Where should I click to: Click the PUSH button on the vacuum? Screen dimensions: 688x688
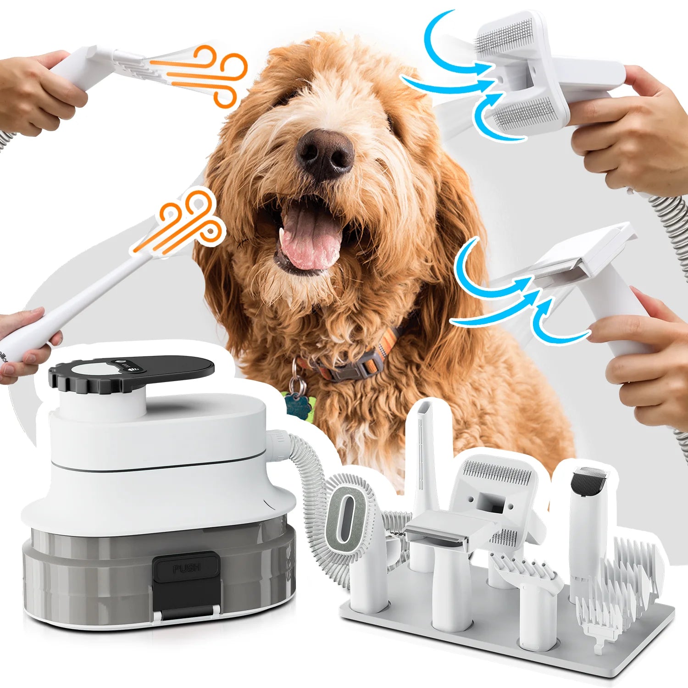pyautogui.click(x=186, y=568)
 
